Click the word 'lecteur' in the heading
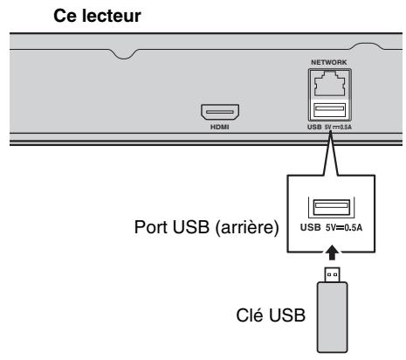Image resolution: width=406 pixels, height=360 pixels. pyautogui.click(x=112, y=16)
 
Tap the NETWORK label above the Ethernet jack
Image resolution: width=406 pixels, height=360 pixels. pyautogui.click(x=329, y=62)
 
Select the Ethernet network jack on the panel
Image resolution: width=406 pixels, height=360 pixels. pyautogui.click(x=330, y=84)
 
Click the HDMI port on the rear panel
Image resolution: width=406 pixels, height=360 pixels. pyautogui.click(x=220, y=112)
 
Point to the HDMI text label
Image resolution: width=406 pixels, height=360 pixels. pyautogui.click(x=220, y=127)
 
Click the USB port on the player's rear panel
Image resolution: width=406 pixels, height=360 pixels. pyautogui.click(x=330, y=110)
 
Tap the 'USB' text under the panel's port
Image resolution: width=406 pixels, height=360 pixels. pyautogui.click(x=314, y=127)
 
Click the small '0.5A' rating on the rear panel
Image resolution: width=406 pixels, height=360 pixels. pyautogui.click(x=346, y=128)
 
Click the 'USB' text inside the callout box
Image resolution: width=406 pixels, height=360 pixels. pyautogui.click(x=311, y=227)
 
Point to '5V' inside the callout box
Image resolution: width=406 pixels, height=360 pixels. pyautogui.click(x=331, y=227)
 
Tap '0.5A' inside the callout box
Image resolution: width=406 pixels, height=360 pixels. pyautogui.click(x=354, y=227)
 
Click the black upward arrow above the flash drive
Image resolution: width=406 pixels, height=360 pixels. pyautogui.click(x=332, y=253)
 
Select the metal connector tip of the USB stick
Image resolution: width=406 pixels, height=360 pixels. pyautogui.click(x=332, y=274)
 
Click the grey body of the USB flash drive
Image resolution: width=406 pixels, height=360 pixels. pyautogui.click(x=332, y=317)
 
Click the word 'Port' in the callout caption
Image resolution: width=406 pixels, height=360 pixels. pyautogui.click(x=151, y=227)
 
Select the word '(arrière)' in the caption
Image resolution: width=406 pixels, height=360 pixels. pyautogui.click(x=247, y=227)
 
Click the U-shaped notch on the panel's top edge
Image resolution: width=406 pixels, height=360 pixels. pyautogui.click(x=124, y=54)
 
